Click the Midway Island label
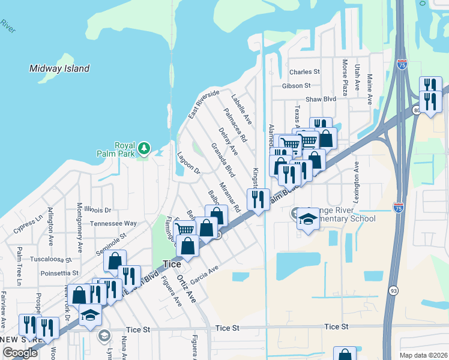pyautogui.click(x=59, y=68)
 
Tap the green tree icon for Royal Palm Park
pyautogui.click(x=143, y=148)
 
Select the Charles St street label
pyautogui.click(x=304, y=72)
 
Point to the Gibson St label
pyautogui.click(x=296, y=86)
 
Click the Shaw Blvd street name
pyautogui.click(x=321, y=99)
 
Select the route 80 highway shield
pyautogui.click(x=416, y=110)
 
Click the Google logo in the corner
pyautogui.click(x=20, y=352)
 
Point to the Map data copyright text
pyautogui.click(x=424, y=355)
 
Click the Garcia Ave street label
pyautogui.click(x=203, y=275)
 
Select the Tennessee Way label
pyautogui.click(x=113, y=223)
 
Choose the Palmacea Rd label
pyautogui.click(x=235, y=125)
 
